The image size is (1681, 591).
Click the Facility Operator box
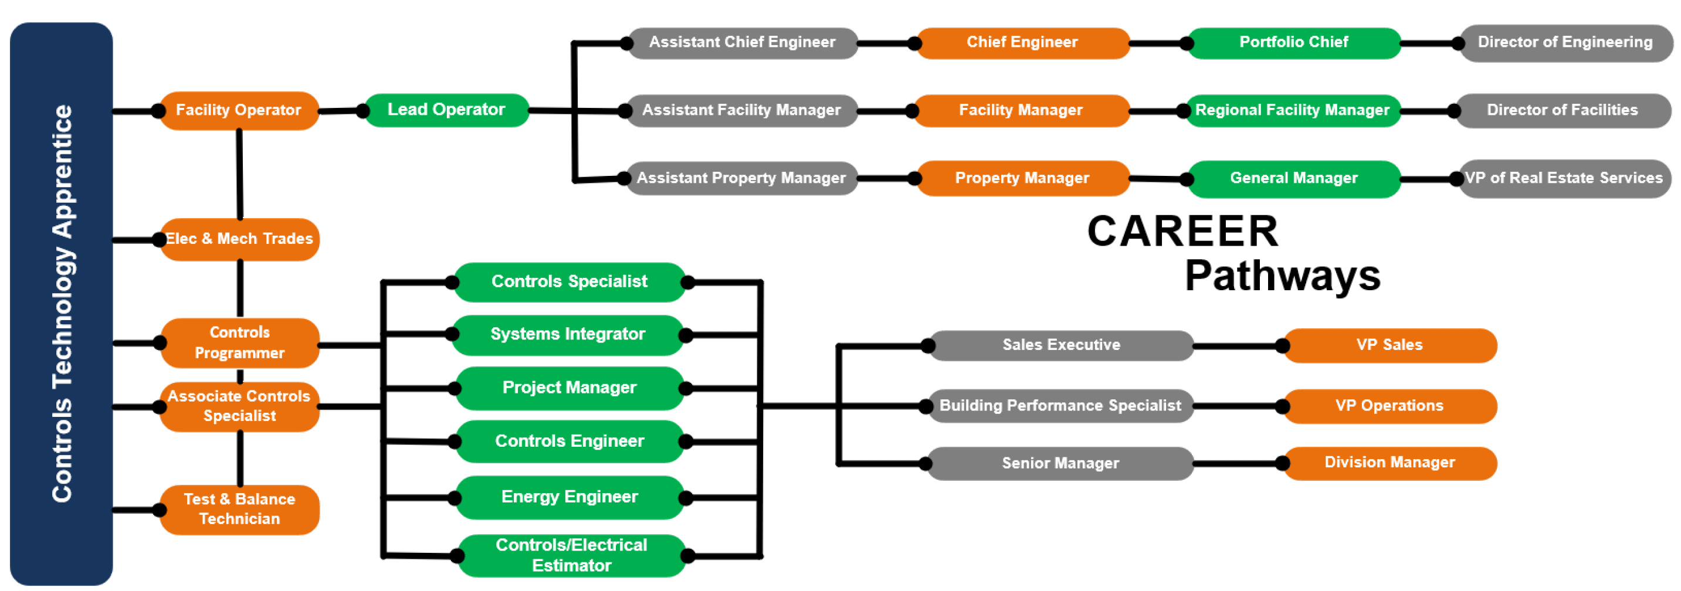point(239,110)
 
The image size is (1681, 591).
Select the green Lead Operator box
point(446,110)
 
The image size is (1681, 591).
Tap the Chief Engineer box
point(1022,42)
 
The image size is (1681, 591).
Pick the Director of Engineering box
point(1565,42)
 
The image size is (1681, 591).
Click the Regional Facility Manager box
point(1292,110)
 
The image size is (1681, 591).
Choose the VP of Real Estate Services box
point(1564,178)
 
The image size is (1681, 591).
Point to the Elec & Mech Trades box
point(239,239)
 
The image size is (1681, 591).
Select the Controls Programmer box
point(239,342)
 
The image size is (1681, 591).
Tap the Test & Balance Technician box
point(239,509)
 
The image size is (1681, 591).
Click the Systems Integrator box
point(568,334)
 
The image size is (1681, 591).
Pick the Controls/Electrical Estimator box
point(571,555)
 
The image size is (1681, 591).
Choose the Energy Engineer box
point(570,497)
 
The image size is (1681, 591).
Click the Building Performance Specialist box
point(1060,406)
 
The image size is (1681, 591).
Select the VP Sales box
point(1389,345)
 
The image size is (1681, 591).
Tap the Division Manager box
point(1389,463)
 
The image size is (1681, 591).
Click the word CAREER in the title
point(1182,232)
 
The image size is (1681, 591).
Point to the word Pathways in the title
point(1282,276)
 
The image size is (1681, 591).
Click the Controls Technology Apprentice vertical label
point(62,303)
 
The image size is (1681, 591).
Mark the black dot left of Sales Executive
point(928,346)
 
